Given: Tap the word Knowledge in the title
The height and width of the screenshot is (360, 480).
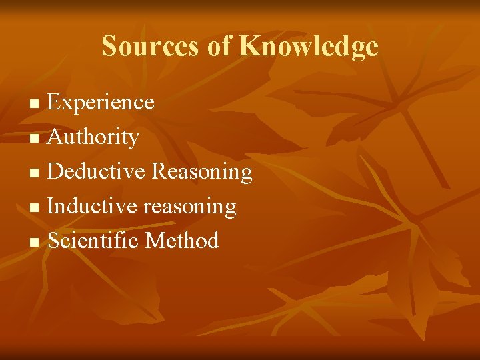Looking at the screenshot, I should (309, 47).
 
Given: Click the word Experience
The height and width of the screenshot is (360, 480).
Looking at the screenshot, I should (101, 103).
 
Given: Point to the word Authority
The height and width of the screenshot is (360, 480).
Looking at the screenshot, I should (94, 137).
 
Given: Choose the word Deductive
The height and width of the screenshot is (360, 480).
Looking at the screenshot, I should (97, 172).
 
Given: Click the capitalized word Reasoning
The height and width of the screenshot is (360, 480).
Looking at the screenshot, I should (202, 172).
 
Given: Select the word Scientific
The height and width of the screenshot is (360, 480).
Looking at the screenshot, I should (93, 241).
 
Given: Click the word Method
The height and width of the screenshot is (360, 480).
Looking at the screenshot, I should (182, 241).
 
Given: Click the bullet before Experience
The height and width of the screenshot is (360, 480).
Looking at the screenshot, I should (37, 104).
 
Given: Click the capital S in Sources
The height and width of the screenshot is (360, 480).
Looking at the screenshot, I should (109, 47).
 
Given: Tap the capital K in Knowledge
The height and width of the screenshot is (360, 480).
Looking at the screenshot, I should (249, 47).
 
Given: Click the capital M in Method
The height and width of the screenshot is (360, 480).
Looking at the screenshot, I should (154, 241).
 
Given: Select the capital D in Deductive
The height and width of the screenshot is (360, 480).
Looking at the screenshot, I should (56, 172).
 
